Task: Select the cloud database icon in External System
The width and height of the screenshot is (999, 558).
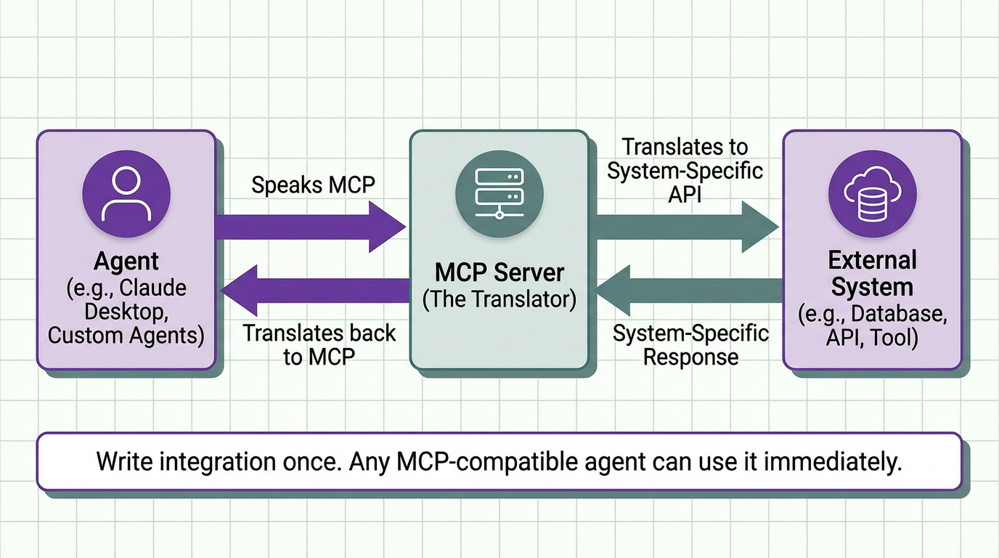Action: (872, 192)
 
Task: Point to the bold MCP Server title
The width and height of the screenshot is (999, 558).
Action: (499, 272)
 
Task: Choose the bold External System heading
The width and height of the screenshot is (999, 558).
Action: (872, 273)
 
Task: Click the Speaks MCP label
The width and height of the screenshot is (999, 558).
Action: (313, 185)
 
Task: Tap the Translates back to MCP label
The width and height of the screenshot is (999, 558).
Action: (319, 344)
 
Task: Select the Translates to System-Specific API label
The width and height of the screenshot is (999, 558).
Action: (685, 171)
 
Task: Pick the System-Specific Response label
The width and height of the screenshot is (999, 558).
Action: (690, 345)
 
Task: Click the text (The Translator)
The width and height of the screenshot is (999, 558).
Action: (499, 299)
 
